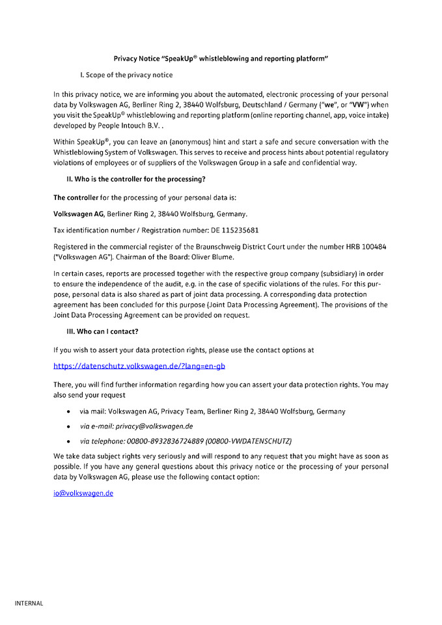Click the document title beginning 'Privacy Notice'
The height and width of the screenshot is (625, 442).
click(221, 59)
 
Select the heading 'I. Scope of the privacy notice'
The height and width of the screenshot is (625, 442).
click(126, 75)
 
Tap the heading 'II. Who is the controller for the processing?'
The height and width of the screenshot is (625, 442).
click(137, 178)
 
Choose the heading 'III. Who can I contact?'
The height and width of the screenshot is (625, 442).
click(103, 331)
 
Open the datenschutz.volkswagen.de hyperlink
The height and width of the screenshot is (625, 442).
click(139, 366)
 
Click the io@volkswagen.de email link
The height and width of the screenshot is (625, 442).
click(83, 493)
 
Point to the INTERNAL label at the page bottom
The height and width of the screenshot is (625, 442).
click(29, 604)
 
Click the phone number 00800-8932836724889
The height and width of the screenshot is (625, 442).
click(165, 441)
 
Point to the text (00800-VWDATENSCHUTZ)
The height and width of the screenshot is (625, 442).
click(248, 441)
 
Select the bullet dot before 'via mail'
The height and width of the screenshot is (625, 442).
click(69, 412)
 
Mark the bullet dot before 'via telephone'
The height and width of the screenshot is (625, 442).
click(69, 441)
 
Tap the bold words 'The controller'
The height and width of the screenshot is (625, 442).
click(76, 197)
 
